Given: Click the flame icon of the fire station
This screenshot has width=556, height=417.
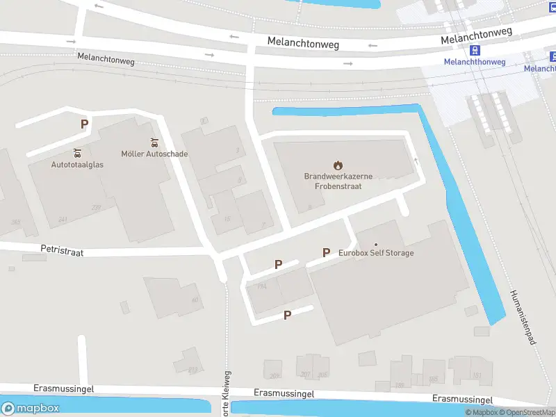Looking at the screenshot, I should pos(338,165).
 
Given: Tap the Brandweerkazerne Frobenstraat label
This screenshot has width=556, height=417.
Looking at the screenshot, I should pos(338,181).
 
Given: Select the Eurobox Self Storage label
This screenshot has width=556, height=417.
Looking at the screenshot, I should pos(376,253).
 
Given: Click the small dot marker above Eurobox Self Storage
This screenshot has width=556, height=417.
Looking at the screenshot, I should pos(376,244).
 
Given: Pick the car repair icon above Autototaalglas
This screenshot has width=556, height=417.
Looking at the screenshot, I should pos(77,153).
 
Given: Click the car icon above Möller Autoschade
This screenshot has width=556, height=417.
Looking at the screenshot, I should pos(154,142).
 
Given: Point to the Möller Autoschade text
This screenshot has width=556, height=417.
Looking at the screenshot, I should pos(154,154).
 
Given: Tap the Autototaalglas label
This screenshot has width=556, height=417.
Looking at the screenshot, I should pos(77,165).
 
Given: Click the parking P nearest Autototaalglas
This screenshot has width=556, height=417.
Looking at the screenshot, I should pos(84,124).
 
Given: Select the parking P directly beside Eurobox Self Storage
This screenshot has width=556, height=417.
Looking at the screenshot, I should pos(326,252).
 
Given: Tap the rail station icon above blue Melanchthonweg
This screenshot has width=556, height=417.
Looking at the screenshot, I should pos(475,50).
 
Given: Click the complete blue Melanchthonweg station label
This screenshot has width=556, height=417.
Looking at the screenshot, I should pos(475,62).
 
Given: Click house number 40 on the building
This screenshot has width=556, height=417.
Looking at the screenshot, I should pos(195,300).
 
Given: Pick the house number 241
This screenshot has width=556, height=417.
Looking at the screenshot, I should pos(63,220).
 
